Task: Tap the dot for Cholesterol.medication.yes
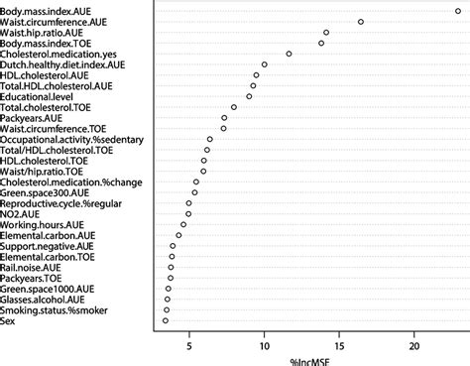(289, 54)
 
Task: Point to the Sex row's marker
(166, 320)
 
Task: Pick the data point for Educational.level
(249, 96)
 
